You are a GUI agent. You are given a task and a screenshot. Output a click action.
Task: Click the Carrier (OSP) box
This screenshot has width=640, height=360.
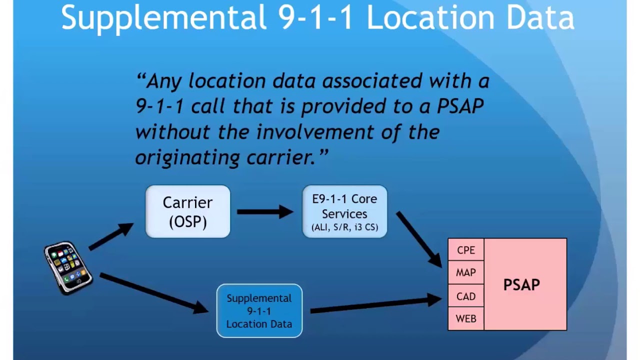click(x=187, y=211)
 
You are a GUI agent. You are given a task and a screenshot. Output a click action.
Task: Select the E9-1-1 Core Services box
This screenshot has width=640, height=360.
click(x=344, y=211)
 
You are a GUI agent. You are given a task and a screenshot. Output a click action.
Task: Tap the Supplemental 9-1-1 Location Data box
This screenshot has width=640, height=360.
click(x=259, y=311)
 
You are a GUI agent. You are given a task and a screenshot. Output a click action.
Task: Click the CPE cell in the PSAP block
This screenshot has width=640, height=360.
click(x=465, y=250)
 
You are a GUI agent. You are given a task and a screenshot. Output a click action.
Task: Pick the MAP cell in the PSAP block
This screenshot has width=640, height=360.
click(x=465, y=273)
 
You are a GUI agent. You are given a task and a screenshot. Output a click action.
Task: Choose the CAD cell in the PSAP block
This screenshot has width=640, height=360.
click(x=465, y=296)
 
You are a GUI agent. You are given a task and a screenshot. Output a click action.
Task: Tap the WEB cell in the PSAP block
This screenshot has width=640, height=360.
click(x=465, y=319)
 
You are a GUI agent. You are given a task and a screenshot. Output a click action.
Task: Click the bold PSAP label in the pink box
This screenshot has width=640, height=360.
click(x=521, y=285)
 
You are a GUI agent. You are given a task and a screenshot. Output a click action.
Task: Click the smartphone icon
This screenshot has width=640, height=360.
click(x=68, y=267)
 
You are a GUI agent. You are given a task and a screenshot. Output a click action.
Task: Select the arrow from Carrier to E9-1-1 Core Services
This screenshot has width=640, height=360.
click(x=265, y=212)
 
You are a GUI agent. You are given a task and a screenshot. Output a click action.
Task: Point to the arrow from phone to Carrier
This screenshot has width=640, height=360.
click(x=111, y=236)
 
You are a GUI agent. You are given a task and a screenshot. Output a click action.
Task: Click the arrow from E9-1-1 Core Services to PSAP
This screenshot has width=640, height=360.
click(x=419, y=239)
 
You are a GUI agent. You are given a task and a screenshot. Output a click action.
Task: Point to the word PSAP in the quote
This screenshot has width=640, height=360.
click(x=460, y=106)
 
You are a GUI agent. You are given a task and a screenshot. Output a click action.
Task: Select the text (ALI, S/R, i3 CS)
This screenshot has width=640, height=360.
click(x=344, y=227)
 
